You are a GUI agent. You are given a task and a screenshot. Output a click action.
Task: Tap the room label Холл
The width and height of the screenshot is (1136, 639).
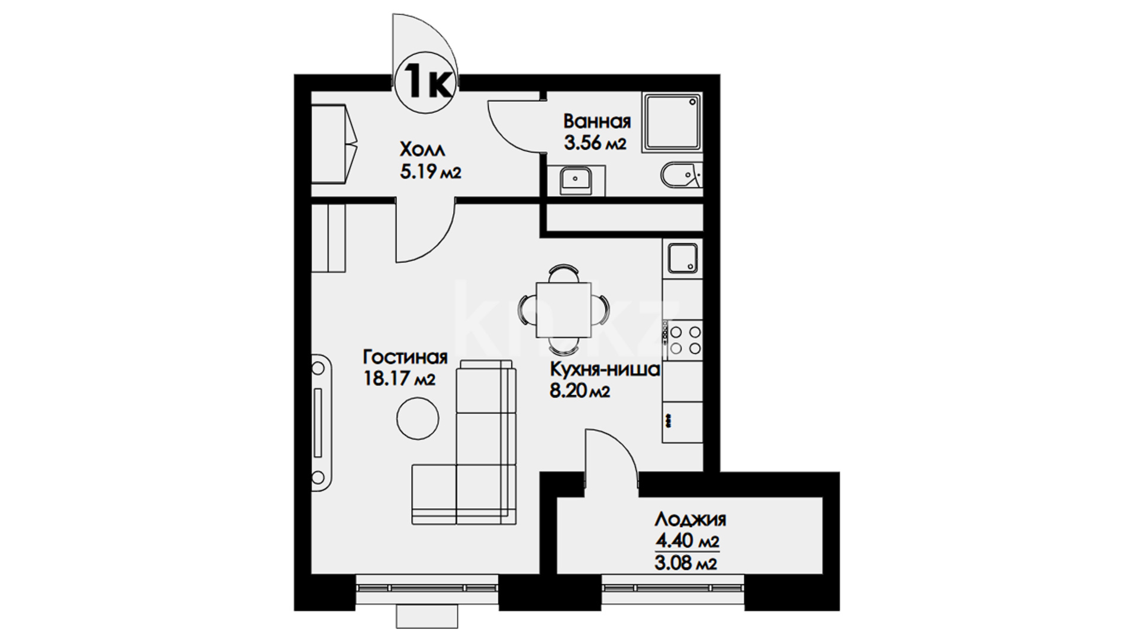tap(422, 148)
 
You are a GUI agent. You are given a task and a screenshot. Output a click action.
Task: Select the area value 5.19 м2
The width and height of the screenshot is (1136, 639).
tap(430, 172)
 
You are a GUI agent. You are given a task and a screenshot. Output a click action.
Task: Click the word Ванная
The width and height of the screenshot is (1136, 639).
tap(597, 121)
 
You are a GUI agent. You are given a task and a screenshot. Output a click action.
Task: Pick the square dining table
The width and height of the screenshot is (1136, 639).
tap(563, 309)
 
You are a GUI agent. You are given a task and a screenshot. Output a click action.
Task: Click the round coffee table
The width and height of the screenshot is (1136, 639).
tap(418, 418)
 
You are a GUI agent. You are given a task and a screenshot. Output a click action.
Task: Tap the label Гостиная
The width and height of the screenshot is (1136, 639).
tap(405, 357)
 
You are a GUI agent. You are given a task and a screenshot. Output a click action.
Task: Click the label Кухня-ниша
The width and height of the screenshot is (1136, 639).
tap(605, 370)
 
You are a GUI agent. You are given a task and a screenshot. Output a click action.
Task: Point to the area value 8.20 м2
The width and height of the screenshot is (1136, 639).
tap(579, 391)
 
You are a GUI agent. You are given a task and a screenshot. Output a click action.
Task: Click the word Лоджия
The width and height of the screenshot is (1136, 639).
tap(690, 520)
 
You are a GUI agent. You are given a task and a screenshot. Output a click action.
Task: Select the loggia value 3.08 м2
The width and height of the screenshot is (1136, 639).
tap(686, 563)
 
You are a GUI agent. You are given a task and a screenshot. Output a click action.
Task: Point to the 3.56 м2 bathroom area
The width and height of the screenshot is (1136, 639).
tap(595, 143)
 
